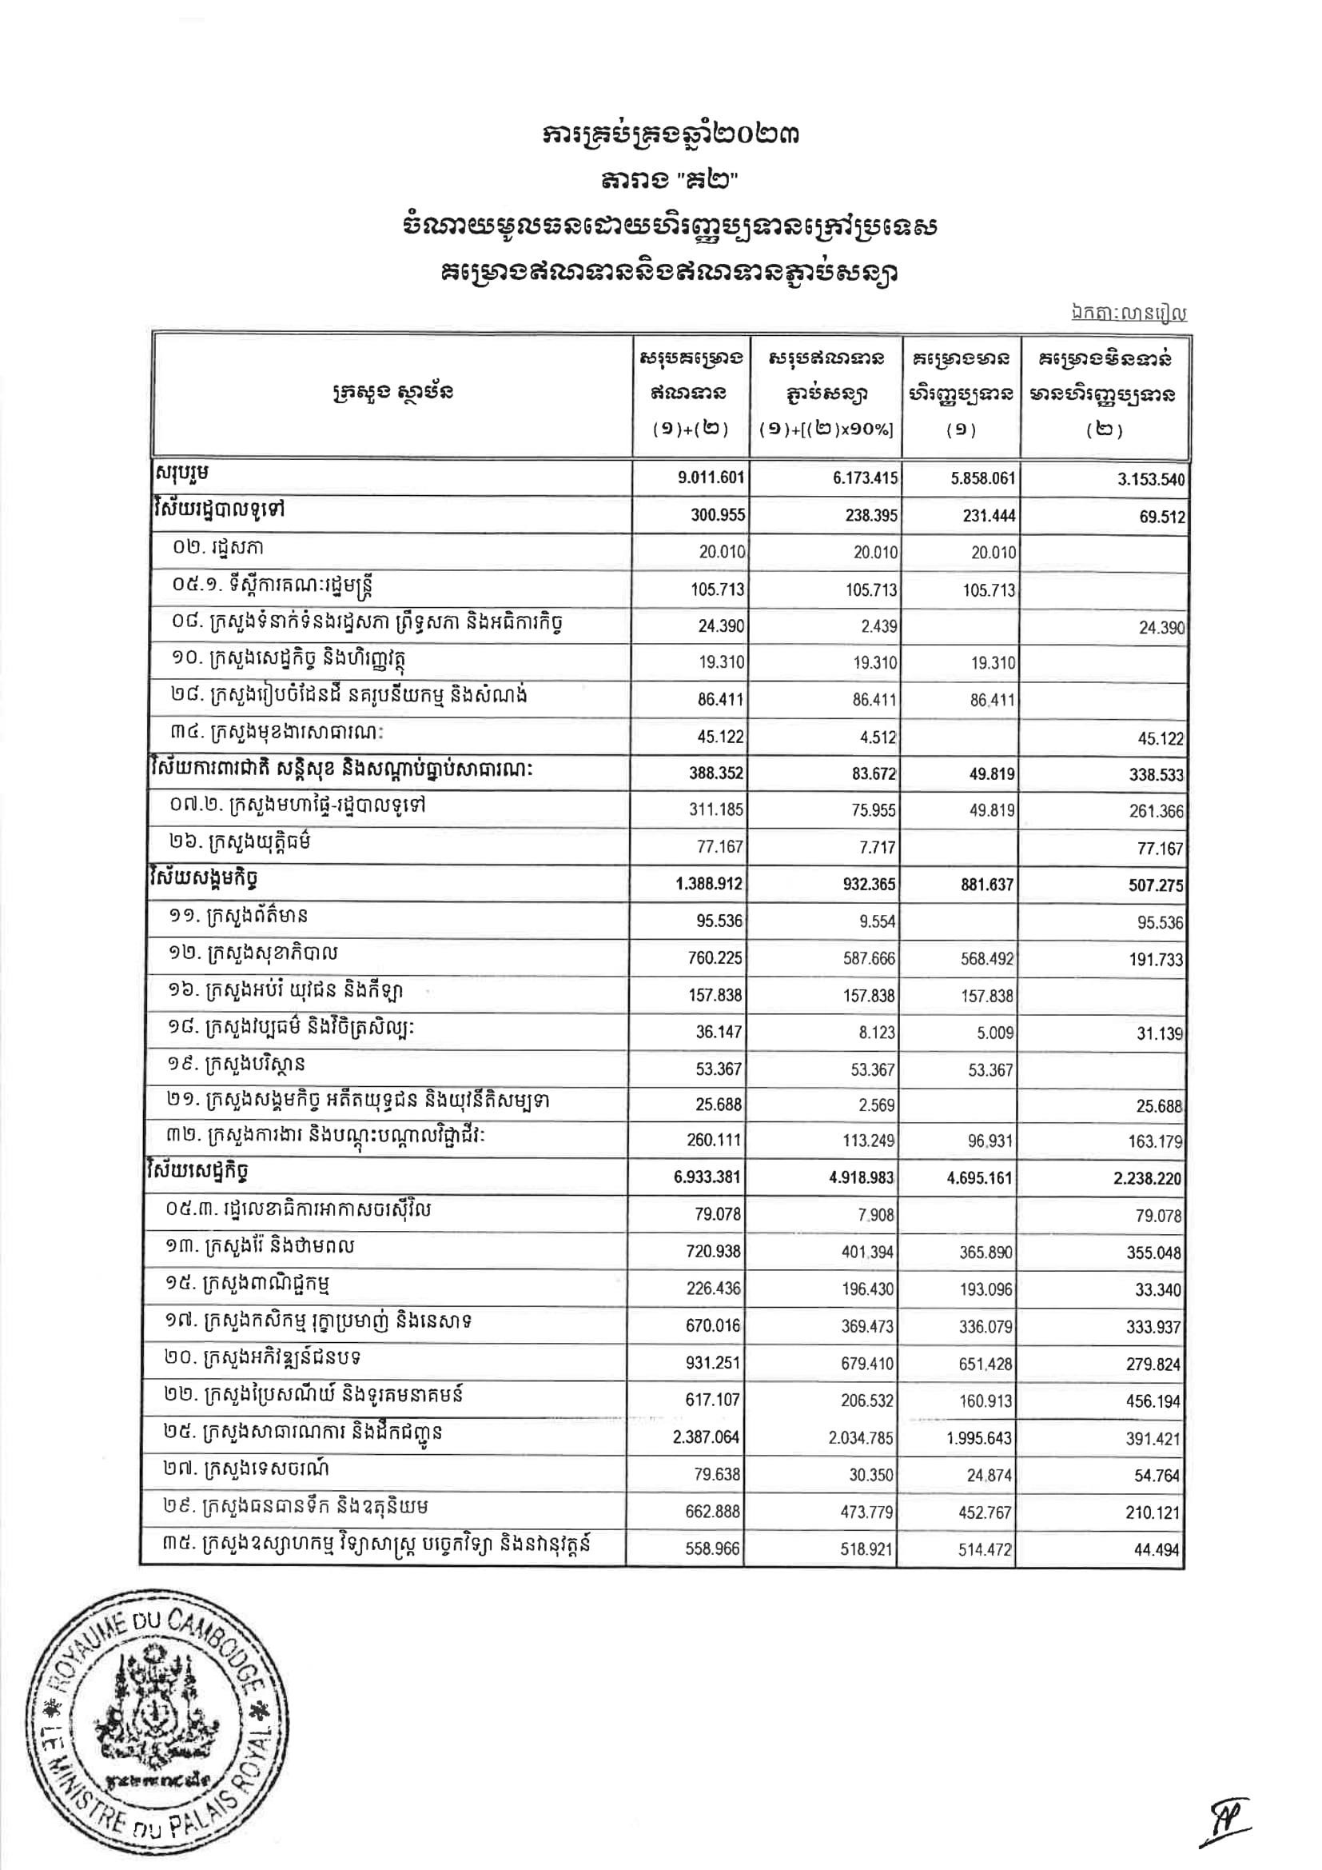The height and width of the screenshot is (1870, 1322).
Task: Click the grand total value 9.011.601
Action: click(711, 478)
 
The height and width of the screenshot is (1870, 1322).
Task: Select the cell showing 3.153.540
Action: click(1149, 480)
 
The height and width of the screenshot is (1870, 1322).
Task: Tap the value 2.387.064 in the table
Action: click(706, 1436)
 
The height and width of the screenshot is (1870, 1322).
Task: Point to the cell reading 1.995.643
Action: click(979, 1437)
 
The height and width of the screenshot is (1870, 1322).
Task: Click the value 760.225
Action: click(714, 958)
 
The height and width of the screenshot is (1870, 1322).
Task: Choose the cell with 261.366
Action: click(1156, 811)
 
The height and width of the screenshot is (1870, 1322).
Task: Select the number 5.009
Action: click(996, 1033)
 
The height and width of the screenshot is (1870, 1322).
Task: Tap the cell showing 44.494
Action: click(1157, 1550)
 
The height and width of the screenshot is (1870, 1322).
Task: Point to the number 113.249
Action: click(869, 1141)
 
